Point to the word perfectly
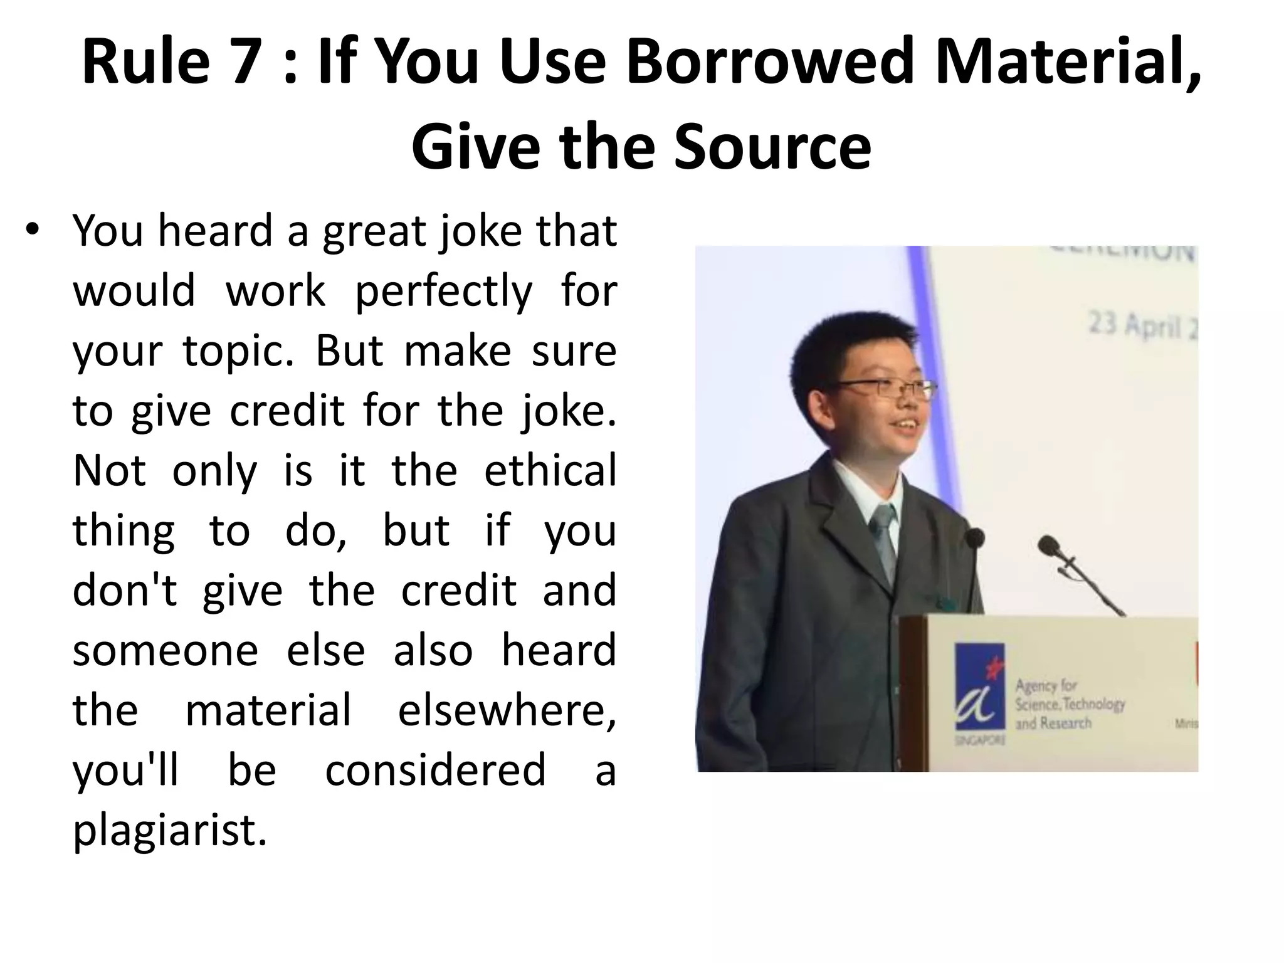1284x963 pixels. (443, 292)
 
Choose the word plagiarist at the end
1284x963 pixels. (170, 830)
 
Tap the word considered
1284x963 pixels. (435, 770)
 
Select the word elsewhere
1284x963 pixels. (507, 710)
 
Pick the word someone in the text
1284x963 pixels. (166, 650)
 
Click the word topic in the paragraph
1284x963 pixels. (238, 351)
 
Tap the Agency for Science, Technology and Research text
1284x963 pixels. (1070, 704)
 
